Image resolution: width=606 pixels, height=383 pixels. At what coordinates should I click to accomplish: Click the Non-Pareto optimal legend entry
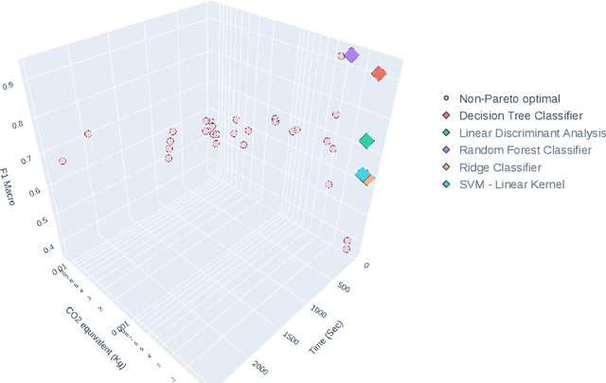tap(509, 98)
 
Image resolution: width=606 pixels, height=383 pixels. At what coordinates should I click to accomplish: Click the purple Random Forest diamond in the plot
tap(351, 56)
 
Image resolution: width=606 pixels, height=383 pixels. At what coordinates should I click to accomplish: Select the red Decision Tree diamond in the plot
tap(379, 74)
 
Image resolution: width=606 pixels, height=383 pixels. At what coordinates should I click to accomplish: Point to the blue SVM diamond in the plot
tap(362, 175)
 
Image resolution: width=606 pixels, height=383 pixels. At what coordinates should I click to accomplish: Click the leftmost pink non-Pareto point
tap(62, 162)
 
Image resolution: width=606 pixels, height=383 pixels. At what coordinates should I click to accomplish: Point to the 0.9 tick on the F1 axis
tap(34, 85)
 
